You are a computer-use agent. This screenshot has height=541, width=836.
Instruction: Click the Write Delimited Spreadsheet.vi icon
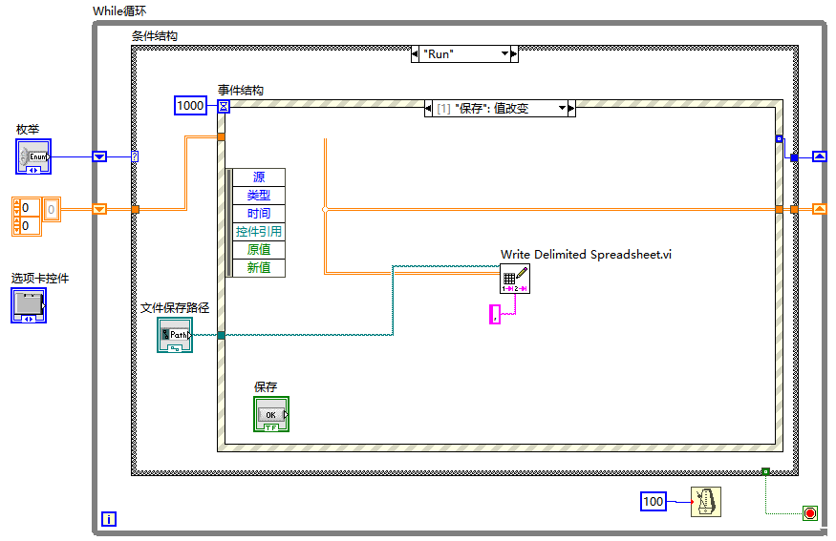point(514,278)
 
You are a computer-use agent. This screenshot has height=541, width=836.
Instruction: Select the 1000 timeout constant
point(190,106)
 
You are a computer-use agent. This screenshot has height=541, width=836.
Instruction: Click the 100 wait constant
point(653,501)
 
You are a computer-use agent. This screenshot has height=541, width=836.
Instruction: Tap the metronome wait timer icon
point(706,501)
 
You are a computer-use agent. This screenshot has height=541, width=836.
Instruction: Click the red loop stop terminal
point(810,513)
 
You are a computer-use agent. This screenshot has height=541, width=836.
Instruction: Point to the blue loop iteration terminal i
point(109,519)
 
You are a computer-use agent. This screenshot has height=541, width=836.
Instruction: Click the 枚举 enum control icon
point(32,156)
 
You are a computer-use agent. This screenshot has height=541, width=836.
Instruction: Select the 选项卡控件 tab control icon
point(29,305)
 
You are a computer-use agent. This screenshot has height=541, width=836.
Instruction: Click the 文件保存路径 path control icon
point(175,335)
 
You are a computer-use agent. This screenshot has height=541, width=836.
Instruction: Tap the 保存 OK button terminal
point(271,414)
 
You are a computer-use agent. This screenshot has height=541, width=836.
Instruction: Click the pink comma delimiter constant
point(494,314)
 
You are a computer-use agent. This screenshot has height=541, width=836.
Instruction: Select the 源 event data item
point(259,177)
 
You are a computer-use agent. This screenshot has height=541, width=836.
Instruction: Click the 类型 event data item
point(259,195)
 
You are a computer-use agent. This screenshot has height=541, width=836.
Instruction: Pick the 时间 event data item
point(259,213)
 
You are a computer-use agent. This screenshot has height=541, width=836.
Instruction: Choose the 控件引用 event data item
point(259,231)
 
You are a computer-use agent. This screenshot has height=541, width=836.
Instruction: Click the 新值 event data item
point(259,267)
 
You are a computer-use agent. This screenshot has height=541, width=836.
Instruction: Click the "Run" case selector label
point(463,54)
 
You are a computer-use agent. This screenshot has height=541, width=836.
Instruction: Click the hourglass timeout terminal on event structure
point(224,106)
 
